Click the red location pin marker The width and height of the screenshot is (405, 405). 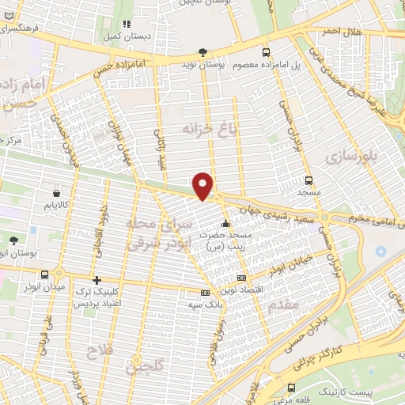click(203, 186)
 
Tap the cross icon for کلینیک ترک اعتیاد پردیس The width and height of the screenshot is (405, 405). click(97, 280)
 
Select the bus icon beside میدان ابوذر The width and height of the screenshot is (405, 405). click(44, 275)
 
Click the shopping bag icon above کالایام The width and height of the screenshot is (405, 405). click(56, 193)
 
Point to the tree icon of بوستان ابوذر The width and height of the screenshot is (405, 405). click(13, 240)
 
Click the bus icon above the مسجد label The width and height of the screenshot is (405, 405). click(308, 180)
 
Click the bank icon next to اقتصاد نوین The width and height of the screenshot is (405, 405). click(241, 278)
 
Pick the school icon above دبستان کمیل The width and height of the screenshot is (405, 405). click(127, 24)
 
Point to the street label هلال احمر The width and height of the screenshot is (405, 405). click(340, 31)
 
